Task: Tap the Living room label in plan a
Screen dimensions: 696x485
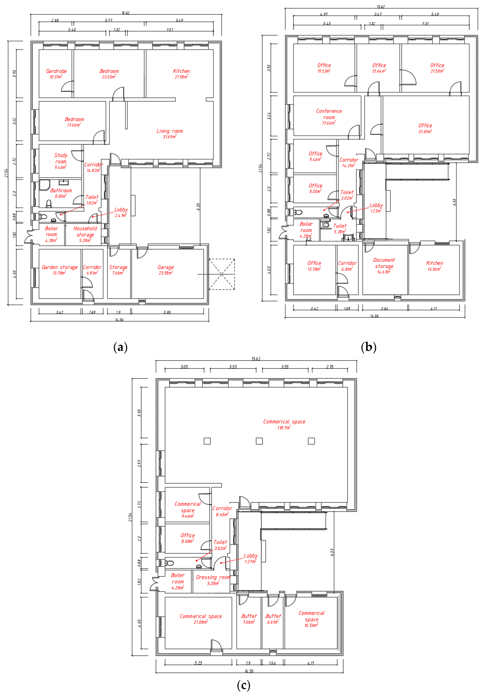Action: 170,131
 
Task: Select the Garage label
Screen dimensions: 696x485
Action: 166,267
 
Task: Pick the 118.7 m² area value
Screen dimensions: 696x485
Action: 284,428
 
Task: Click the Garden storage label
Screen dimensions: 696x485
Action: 60,267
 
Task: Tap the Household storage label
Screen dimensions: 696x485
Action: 85,231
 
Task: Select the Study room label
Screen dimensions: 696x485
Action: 61,158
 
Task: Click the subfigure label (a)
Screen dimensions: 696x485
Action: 120,347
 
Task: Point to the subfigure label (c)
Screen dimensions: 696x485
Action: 243,685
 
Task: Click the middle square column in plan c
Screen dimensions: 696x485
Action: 259,441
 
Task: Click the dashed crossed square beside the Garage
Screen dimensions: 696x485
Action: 222,274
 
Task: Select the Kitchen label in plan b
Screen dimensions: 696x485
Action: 434,263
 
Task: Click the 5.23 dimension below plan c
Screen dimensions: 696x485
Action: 198,663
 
